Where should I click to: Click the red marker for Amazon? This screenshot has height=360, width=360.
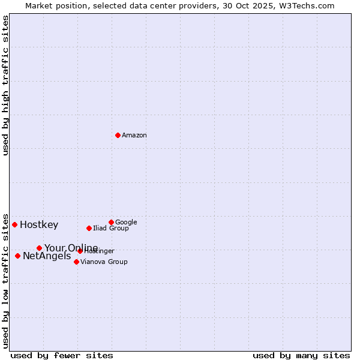(118, 135)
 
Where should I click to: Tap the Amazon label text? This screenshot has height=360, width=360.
(134, 136)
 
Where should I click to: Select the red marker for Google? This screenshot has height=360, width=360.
(111, 222)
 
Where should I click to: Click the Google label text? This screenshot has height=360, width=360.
(126, 222)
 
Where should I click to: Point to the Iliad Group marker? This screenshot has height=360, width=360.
(89, 228)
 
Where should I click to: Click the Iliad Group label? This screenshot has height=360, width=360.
(111, 229)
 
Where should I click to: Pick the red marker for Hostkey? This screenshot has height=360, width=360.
(14, 224)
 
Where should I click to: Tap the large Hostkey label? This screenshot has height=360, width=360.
(39, 225)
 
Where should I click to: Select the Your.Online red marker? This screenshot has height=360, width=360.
(39, 248)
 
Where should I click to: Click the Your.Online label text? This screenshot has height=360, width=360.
(71, 248)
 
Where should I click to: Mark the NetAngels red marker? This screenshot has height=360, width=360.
(17, 256)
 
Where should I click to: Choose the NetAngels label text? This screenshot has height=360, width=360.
(47, 256)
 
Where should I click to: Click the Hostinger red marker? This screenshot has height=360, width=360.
(80, 251)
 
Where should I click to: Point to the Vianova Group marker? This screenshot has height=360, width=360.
(76, 262)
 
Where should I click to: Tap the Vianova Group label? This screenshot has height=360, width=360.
(104, 262)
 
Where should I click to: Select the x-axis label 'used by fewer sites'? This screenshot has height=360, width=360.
(62, 355)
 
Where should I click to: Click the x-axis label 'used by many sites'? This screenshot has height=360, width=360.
(301, 355)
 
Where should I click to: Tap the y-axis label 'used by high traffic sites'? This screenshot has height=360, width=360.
(5, 85)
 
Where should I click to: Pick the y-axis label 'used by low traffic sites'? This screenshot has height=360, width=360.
(5, 280)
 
